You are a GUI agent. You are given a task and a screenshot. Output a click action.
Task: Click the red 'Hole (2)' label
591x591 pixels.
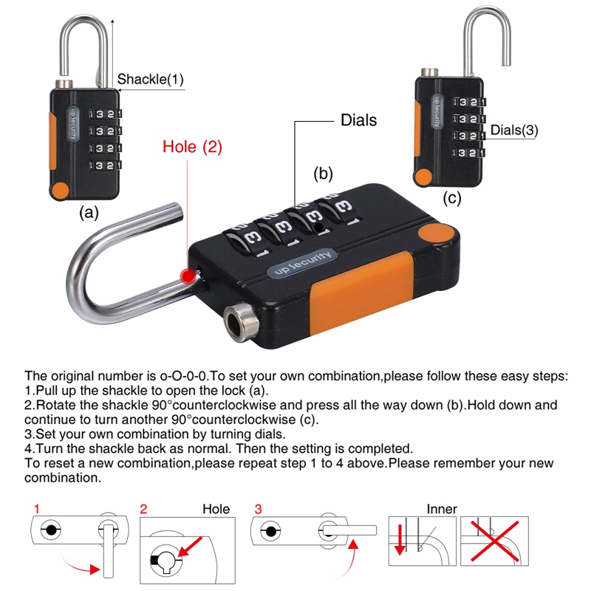(x=192, y=147)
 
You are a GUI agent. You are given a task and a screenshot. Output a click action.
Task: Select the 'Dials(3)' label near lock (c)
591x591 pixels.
(x=515, y=129)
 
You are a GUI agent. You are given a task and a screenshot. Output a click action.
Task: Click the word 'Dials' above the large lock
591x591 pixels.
(x=358, y=120)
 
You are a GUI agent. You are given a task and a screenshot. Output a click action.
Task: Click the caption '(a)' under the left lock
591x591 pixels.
(x=89, y=213)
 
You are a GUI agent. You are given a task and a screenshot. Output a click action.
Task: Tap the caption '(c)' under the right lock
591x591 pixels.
(x=452, y=198)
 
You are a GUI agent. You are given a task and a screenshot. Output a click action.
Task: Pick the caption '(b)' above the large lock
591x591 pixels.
(x=324, y=174)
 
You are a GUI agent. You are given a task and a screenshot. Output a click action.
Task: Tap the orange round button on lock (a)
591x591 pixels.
(x=61, y=189)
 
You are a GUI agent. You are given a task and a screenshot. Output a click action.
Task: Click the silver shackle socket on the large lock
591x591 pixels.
(x=239, y=321)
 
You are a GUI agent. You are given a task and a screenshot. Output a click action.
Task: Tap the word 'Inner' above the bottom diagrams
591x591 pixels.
(x=442, y=509)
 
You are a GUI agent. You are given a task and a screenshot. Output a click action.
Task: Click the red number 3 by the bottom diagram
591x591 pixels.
(x=258, y=509)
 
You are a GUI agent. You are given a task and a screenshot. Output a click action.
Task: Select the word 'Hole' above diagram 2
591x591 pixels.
(x=216, y=509)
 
